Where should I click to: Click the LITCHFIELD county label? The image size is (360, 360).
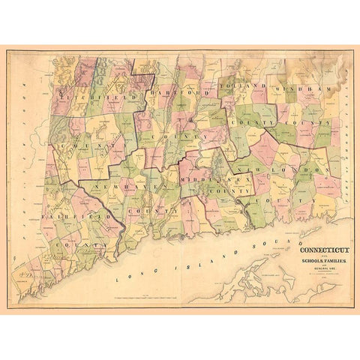pos(96,97)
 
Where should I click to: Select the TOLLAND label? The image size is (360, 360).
pos(243,87)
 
